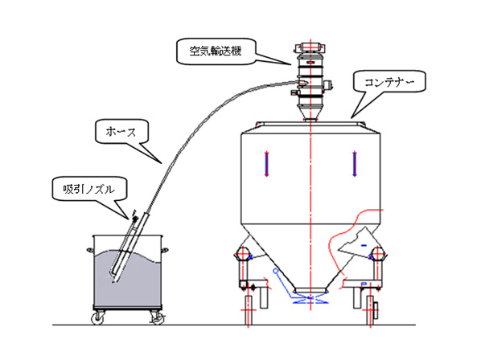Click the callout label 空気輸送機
[216, 51]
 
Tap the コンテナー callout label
[389, 82]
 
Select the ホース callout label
[121, 132]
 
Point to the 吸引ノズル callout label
[89, 190]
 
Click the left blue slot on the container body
[266, 164]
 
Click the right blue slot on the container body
[354, 164]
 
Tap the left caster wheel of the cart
[97, 319]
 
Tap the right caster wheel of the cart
[157, 319]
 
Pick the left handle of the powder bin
[90, 250]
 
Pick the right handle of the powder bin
[165, 250]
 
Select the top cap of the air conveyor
[310, 47]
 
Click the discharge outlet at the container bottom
[310, 290]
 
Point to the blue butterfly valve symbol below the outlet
[310, 300]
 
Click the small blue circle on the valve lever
[275, 271]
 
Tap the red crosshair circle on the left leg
[242, 254]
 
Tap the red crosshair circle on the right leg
[377, 254]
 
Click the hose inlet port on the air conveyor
[302, 82]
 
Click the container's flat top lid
[310, 123]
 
